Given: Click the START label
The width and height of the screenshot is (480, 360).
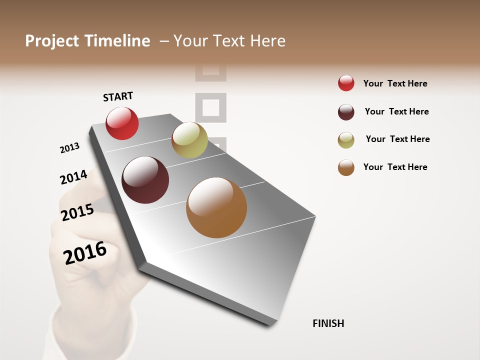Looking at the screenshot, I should (x=118, y=96).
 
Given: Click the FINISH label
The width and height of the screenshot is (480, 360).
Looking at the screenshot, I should (x=328, y=323).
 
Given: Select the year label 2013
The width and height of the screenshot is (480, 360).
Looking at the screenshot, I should (x=69, y=148).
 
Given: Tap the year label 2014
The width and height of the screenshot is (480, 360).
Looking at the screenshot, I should (x=73, y=177).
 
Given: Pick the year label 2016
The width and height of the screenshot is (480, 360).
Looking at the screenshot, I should (x=85, y=253).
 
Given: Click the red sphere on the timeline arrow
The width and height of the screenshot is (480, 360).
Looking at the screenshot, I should (x=122, y=123).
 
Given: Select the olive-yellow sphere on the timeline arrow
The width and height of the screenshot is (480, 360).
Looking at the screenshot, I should (x=189, y=140).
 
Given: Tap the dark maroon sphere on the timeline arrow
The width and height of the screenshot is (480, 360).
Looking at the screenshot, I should (x=145, y=180).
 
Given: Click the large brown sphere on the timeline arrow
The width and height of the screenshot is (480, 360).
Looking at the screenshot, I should (x=216, y=207).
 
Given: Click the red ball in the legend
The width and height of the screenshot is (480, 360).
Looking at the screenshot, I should (x=346, y=83).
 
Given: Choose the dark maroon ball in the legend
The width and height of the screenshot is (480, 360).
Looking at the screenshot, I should (x=346, y=112).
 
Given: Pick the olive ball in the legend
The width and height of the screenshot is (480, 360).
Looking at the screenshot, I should (x=346, y=140).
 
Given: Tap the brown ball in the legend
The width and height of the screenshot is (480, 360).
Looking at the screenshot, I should (x=346, y=167).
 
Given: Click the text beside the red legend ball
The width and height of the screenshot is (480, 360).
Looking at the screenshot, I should (x=395, y=83).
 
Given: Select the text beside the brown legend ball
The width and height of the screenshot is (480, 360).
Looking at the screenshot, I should (x=395, y=167).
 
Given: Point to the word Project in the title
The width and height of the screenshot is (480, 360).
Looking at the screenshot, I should (x=52, y=41).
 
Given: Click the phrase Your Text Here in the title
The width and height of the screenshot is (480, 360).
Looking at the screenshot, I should (x=229, y=41).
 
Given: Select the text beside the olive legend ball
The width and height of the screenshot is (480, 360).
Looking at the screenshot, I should (x=397, y=139).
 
